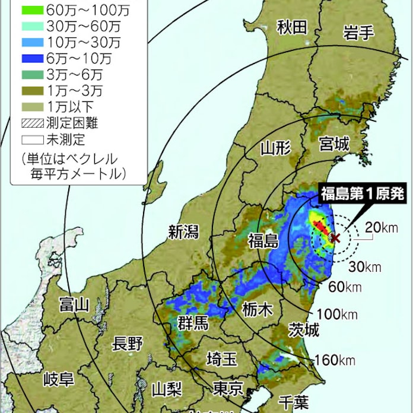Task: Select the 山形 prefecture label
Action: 276,148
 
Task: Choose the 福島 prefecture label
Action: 263,240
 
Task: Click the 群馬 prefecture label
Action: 193,323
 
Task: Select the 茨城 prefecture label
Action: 304,329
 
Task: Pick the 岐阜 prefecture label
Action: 59,379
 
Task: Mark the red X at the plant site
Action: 335,238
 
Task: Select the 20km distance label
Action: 380,227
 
